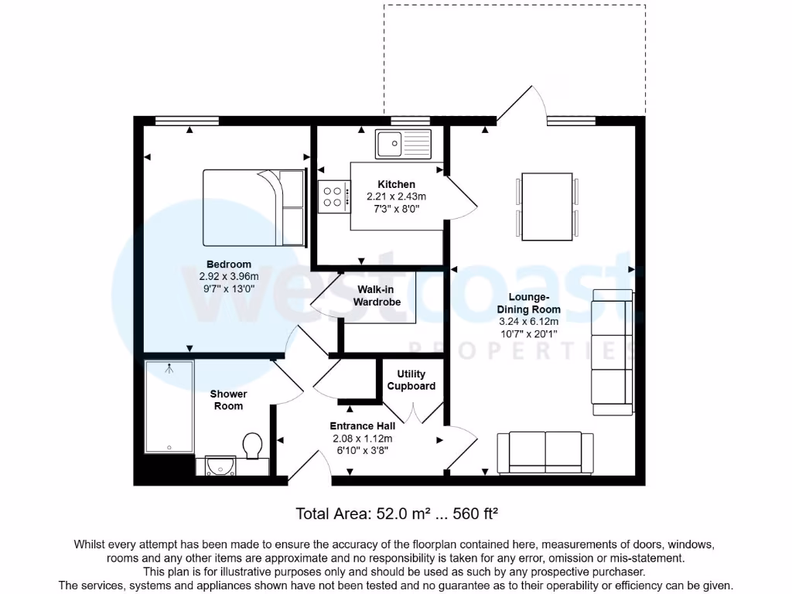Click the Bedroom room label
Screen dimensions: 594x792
point(228,265)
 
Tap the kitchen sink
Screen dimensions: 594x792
point(403,142)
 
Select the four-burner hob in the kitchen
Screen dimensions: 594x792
point(333,196)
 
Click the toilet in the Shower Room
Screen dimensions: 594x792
point(252,445)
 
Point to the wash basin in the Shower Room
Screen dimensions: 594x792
point(221,465)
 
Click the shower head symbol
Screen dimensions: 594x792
point(169,369)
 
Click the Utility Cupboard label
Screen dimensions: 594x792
point(411,380)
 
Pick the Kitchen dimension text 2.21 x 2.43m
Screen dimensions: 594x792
point(396,196)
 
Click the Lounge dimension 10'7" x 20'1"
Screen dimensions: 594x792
point(529,333)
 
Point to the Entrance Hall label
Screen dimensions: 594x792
point(362,426)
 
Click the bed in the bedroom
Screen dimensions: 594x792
point(254,207)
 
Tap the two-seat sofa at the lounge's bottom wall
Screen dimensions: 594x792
point(545,452)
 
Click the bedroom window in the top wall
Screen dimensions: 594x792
point(186,120)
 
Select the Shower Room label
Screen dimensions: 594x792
point(228,400)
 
